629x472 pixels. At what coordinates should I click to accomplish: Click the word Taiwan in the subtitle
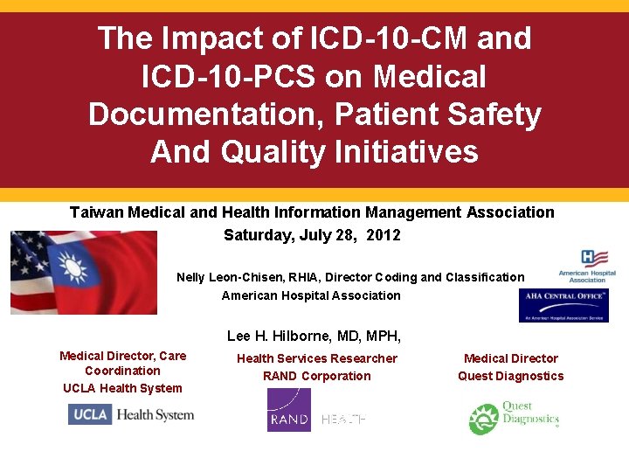click(x=96, y=212)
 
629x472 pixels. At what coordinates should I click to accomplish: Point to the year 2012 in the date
click(x=384, y=235)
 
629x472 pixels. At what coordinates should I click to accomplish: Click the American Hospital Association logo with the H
click(x=594, y=260)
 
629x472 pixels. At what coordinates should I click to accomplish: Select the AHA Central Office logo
click(x=563, y=306)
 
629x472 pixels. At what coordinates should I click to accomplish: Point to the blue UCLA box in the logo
click(x=90, y=414)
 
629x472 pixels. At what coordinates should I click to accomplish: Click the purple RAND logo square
click(x=289, y=410)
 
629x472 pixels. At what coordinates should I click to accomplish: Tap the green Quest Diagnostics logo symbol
click(x=483, y=420)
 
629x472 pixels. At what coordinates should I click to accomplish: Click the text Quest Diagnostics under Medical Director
click(x=511, y=377)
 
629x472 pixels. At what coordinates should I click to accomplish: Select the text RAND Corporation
click(x=317, y=377)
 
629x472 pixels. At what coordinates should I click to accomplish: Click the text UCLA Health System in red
click(x=123, y=388)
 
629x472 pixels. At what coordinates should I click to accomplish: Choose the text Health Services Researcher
click(x=317, y=358)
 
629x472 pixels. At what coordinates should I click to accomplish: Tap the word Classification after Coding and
click(x=485, y=277)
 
